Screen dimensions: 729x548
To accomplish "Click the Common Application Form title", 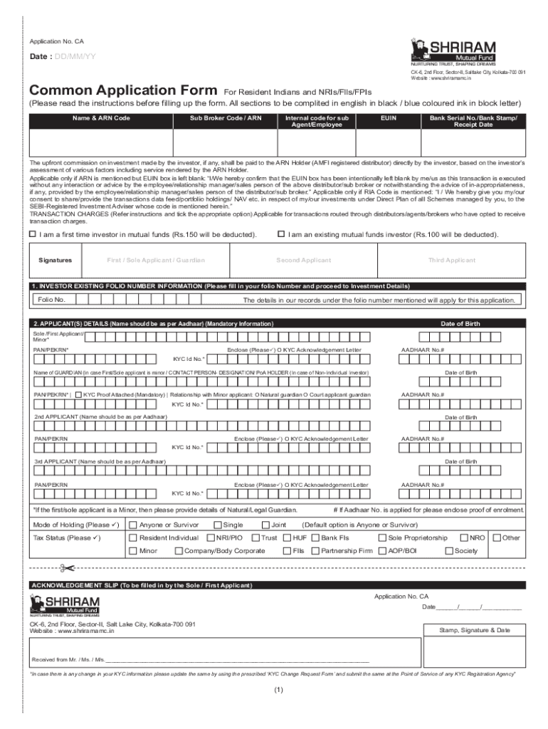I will pos(123,91).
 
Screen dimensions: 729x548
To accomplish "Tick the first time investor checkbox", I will pos(32,234).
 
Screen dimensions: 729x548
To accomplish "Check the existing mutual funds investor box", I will pos(281,234).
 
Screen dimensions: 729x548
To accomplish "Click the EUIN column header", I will pos(389,117).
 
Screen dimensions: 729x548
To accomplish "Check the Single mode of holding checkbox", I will pos(218,525).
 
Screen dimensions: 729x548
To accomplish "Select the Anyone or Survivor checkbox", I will pos(133,525).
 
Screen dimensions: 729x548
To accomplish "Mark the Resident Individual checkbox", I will pos(133,537).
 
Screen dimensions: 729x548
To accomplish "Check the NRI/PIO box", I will pos(211,537).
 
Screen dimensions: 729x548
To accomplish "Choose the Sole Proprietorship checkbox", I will pos(382,537).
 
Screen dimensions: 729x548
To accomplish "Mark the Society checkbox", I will pos(449,550).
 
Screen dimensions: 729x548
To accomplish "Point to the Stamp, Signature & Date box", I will pos(475,630).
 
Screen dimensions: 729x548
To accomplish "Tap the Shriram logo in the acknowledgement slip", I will pos(64,605).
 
